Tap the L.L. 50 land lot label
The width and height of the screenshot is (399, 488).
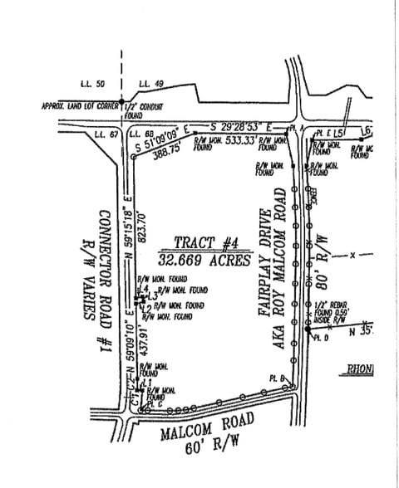pos(93,85)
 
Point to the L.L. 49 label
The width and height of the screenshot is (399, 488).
pos(150,85)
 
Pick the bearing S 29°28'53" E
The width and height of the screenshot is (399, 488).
pos(244,125)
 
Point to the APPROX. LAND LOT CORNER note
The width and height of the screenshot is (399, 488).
pos(80,106)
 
